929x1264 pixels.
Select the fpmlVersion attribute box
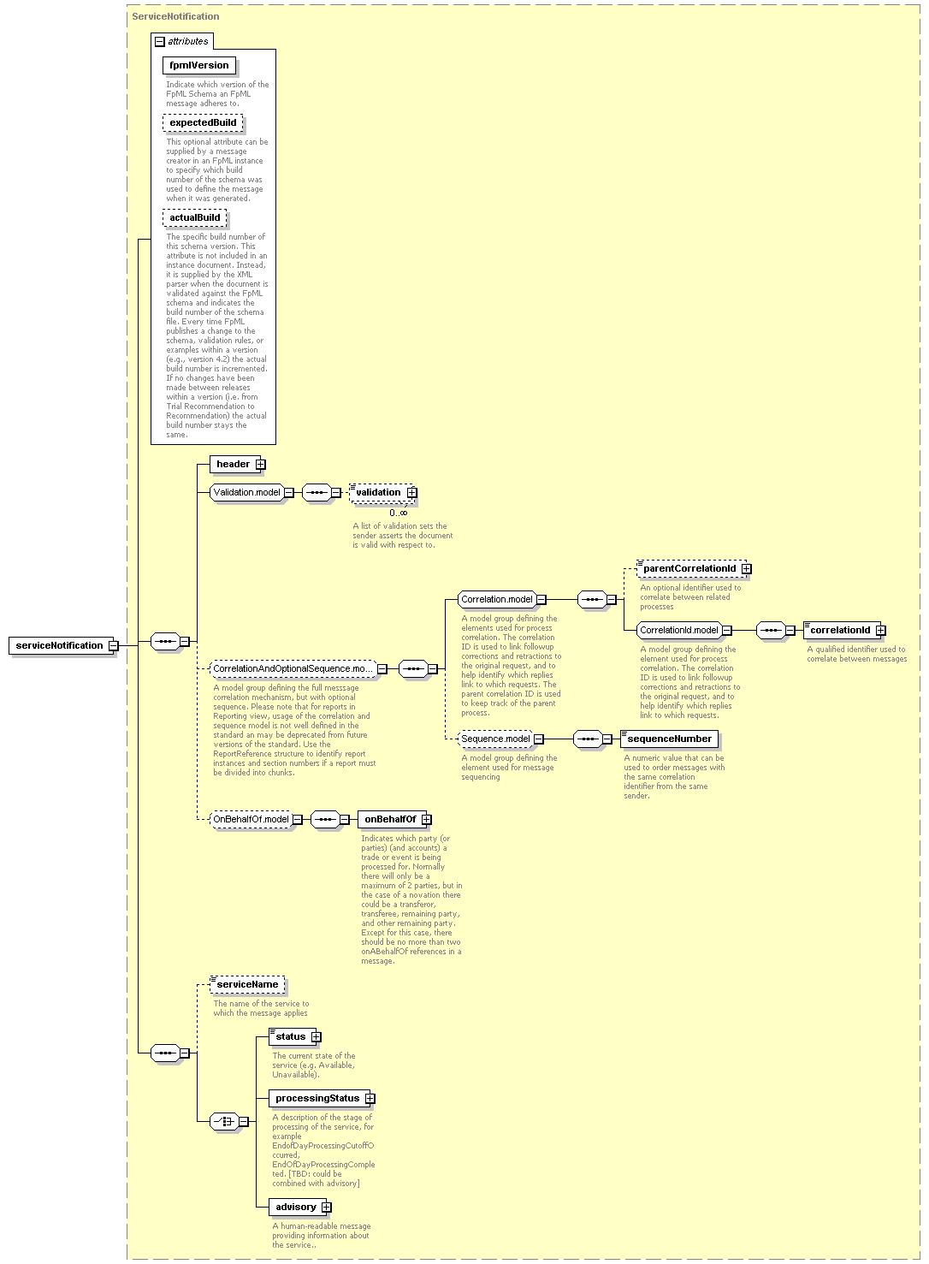[199, 65]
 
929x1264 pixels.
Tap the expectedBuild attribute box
[203, 122]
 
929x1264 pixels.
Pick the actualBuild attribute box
[194, 218]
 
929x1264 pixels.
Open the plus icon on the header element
[260, 465]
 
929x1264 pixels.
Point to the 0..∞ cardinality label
[399, 513]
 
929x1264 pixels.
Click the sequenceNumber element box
[670, 739]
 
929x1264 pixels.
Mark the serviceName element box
[247, 985]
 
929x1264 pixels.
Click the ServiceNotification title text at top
[175, 16]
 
